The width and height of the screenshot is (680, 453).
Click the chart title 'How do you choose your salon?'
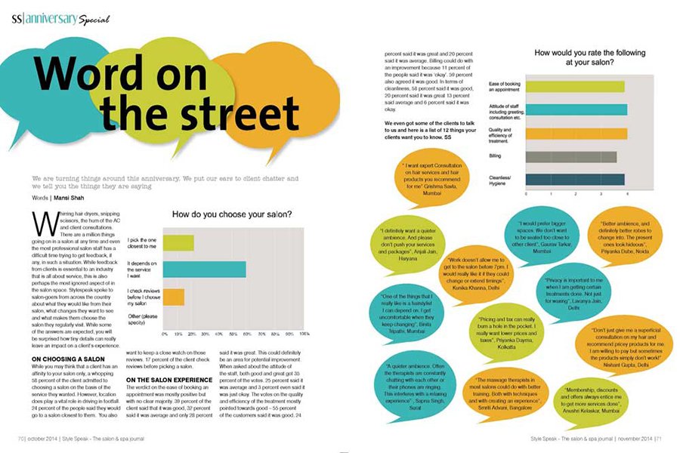(231, 214)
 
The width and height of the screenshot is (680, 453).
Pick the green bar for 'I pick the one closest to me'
(179, 242)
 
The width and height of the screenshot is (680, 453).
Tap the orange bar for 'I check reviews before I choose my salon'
(175, 296)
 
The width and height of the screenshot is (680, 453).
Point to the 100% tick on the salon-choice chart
(304, 333)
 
